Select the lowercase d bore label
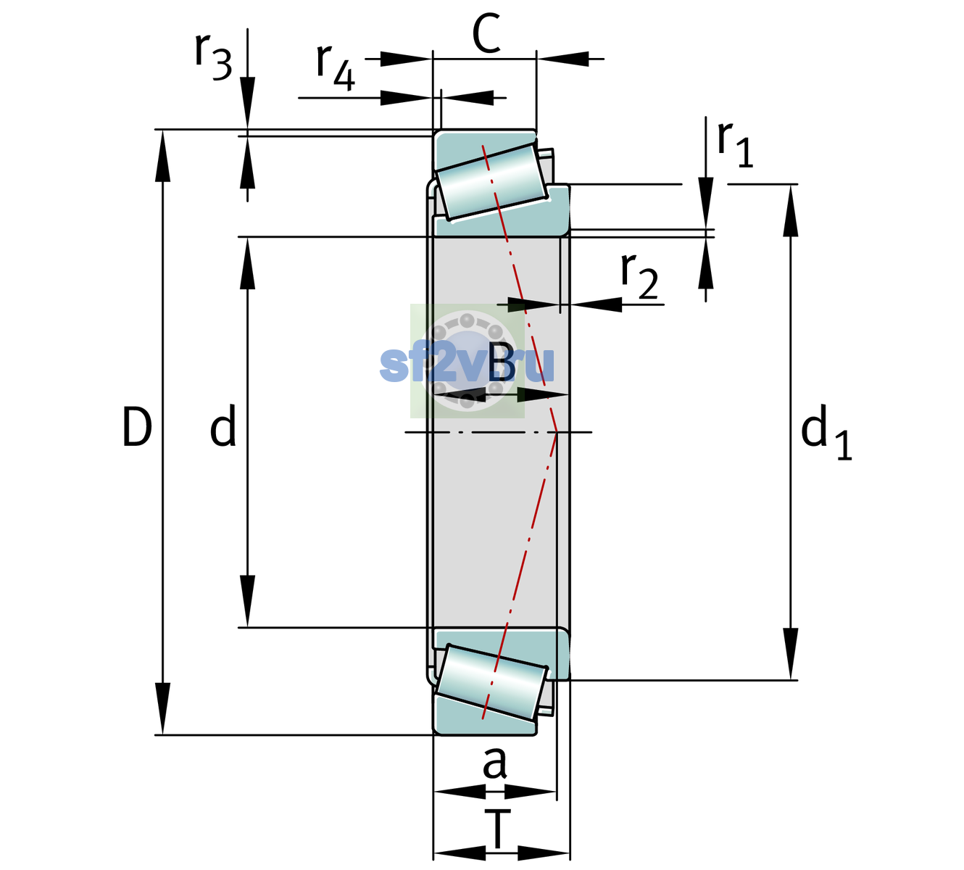223,426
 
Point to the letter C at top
486,33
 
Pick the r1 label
735,144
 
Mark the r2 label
639,276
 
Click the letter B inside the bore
502,362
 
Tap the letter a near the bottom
494,763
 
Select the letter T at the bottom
497,829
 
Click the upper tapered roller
491,182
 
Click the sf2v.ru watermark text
467,365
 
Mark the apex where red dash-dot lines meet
557,432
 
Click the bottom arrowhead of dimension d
247,601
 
